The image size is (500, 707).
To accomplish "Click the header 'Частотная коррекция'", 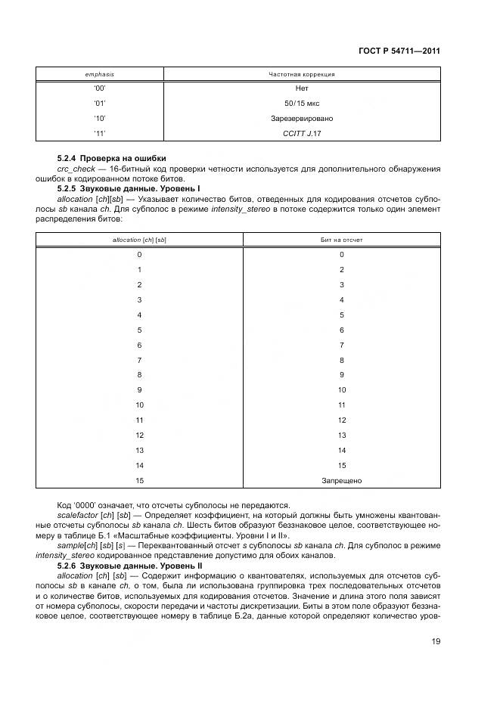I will (302, 74).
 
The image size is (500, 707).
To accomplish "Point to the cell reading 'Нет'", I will (302, 88).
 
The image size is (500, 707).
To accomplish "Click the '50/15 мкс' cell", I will (302, 104).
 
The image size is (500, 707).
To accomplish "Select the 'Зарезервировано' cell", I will (302, 119).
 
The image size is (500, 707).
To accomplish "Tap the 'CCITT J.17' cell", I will (302, 133).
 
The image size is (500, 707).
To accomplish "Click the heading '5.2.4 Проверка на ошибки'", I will (112, 157).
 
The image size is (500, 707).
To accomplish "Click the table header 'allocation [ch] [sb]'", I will (139, 240).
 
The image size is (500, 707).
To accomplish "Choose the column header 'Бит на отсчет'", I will (342, 240).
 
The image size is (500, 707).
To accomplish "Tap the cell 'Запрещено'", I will (342, 480).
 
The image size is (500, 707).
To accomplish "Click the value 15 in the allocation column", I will (139, 480).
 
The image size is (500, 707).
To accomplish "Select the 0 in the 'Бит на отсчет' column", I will (342, 255).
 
